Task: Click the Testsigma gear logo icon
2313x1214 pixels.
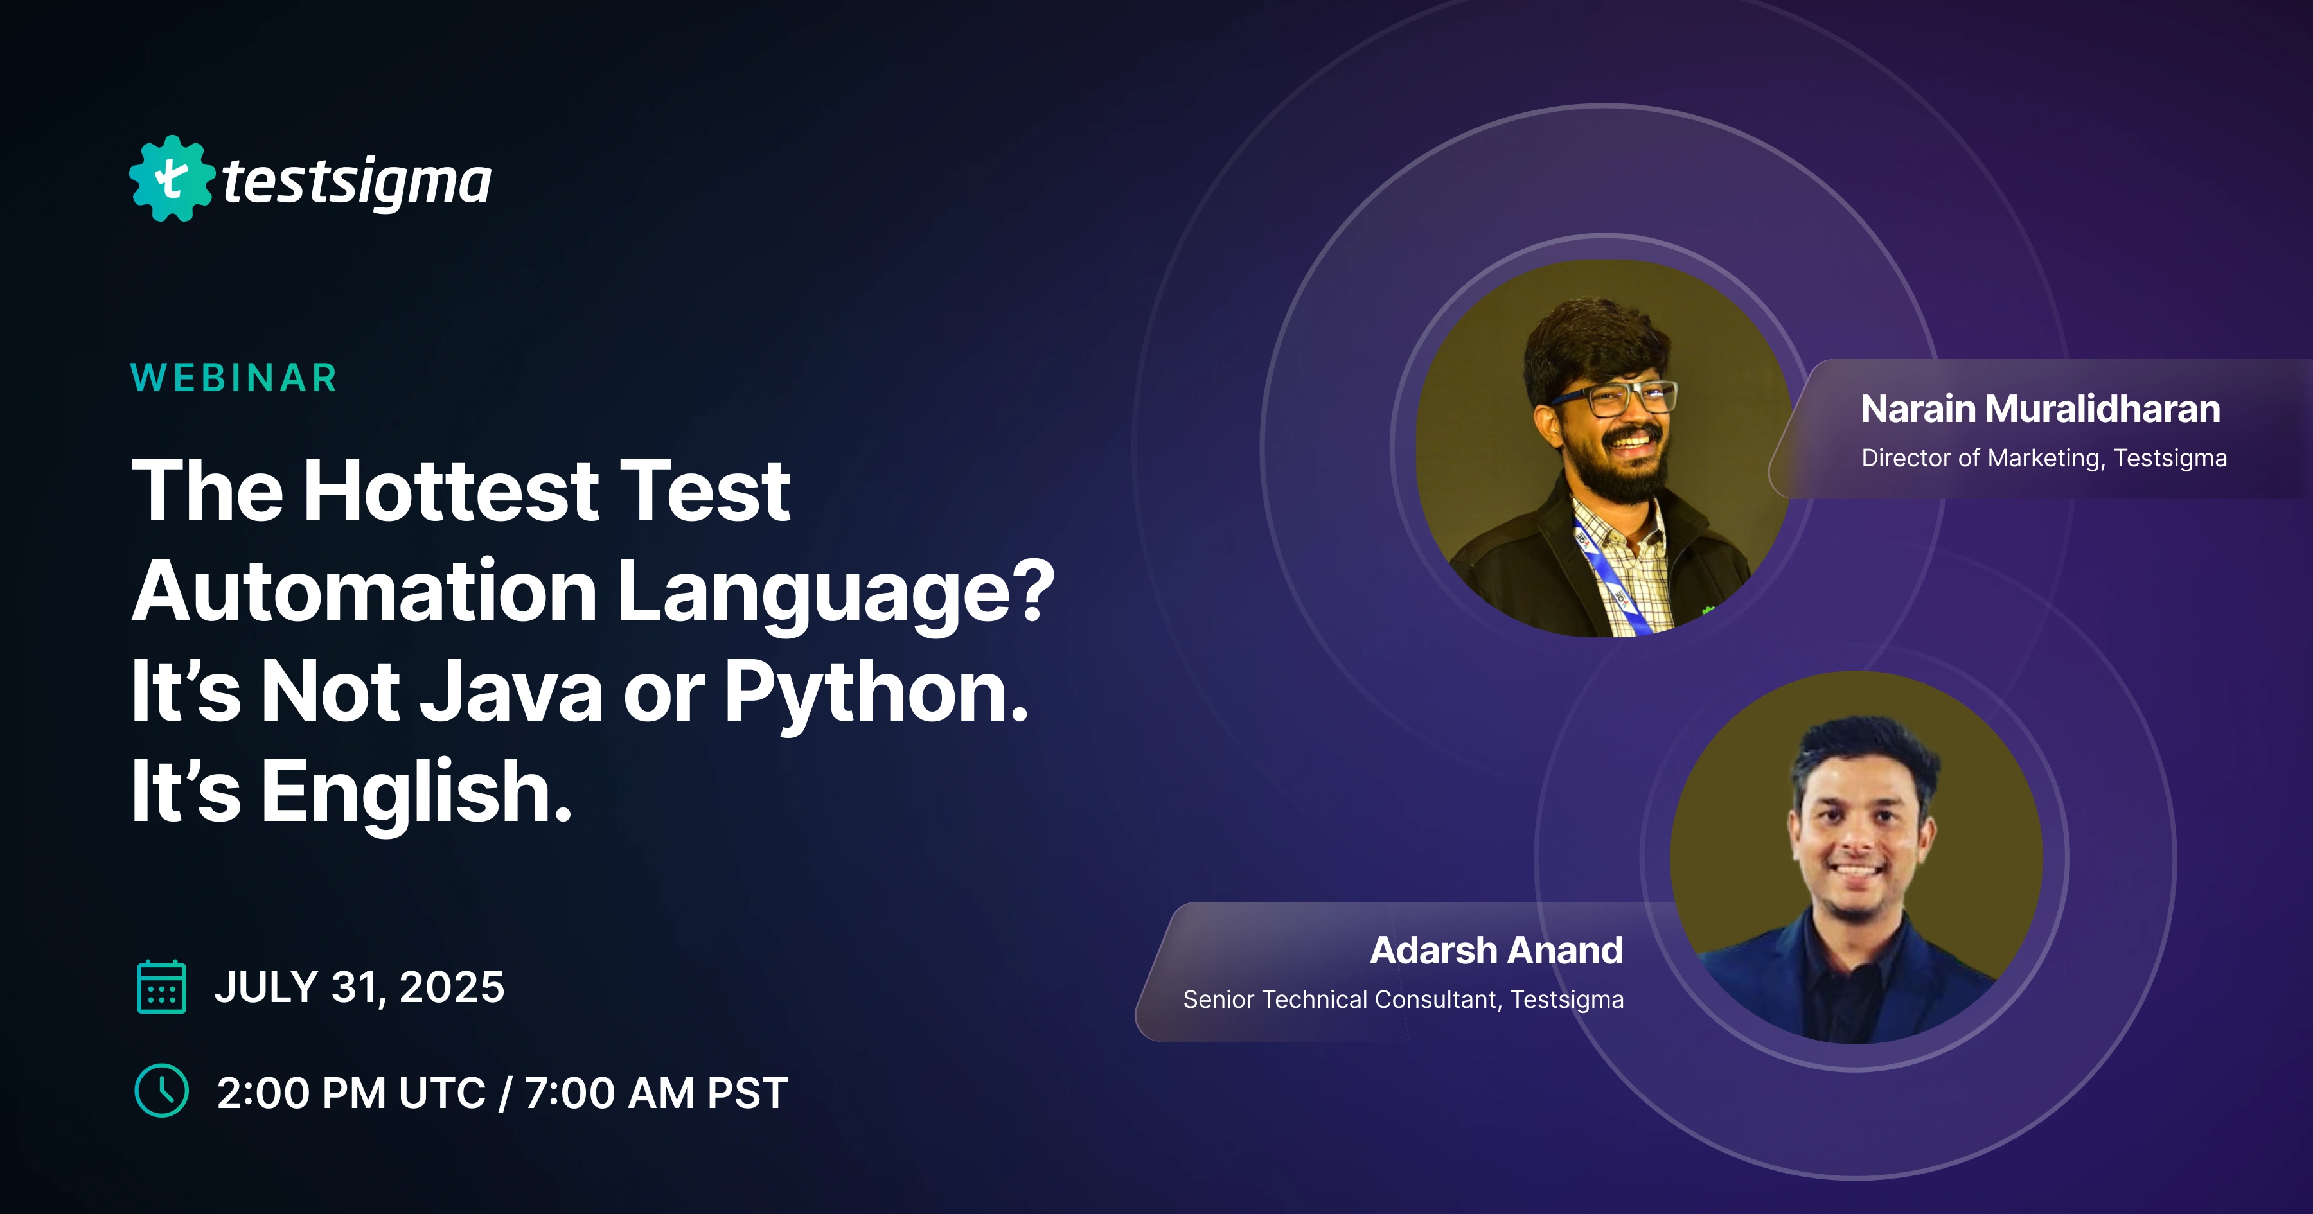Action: click(172, 179)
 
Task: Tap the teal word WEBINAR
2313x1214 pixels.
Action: click(233, 378)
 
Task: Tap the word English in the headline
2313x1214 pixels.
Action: click(416, 792)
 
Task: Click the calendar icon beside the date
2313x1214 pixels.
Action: click(162, 987)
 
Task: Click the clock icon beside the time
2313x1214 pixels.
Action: click(162, 1091)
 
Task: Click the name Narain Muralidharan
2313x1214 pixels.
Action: click(2040, 409)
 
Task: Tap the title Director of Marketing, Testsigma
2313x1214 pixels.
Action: click(2044, 458)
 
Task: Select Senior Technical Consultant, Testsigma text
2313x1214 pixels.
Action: click(1403, 999)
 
